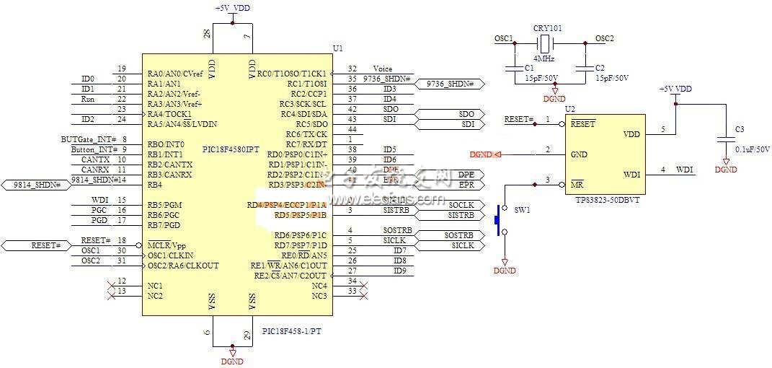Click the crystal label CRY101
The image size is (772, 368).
click(x=548, y=28)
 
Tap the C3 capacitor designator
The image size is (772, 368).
click(x=739, y=129)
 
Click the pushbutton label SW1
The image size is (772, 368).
click(x=522, y=209)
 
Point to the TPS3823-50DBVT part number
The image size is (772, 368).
click(x=607, y=200)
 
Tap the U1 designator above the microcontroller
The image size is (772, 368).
click(x=337, y=48)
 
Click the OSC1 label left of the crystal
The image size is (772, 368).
click(x=503, y=38)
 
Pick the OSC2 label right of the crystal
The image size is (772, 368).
click(x=605, y=38)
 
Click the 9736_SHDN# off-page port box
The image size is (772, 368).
click(x=451, y=84)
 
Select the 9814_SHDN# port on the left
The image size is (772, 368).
click(x=36, y=185)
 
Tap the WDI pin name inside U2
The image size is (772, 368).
click(x=631, y=175)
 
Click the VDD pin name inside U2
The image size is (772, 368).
click(x=631, y=134)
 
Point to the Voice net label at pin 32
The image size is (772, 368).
click(x=383, y=69)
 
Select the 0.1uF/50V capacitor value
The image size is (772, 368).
click(x=753, y=149)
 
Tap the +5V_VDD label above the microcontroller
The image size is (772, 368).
click(x=232, y=8)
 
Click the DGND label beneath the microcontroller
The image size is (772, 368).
click(x=232, y=362)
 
